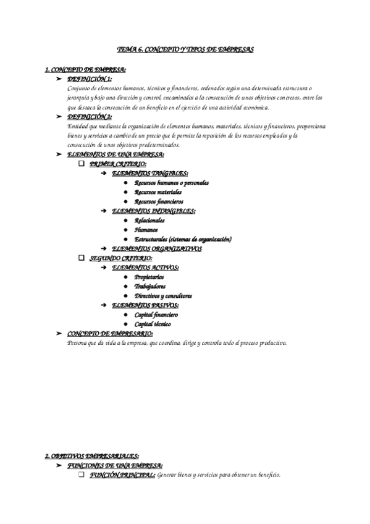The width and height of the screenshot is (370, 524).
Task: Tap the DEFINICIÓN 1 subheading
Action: coord(90,80)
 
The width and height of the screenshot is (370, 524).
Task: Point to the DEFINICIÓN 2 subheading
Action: coord(90,116)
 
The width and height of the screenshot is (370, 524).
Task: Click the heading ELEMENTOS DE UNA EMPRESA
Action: coord(116,154)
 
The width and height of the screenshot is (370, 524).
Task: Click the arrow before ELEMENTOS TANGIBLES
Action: coord(104,174)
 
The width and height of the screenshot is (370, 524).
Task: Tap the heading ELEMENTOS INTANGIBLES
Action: coord(153,211)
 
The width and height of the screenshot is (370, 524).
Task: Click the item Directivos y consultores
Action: coord(164,295)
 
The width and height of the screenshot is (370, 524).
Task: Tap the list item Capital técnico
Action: coord(153,324)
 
